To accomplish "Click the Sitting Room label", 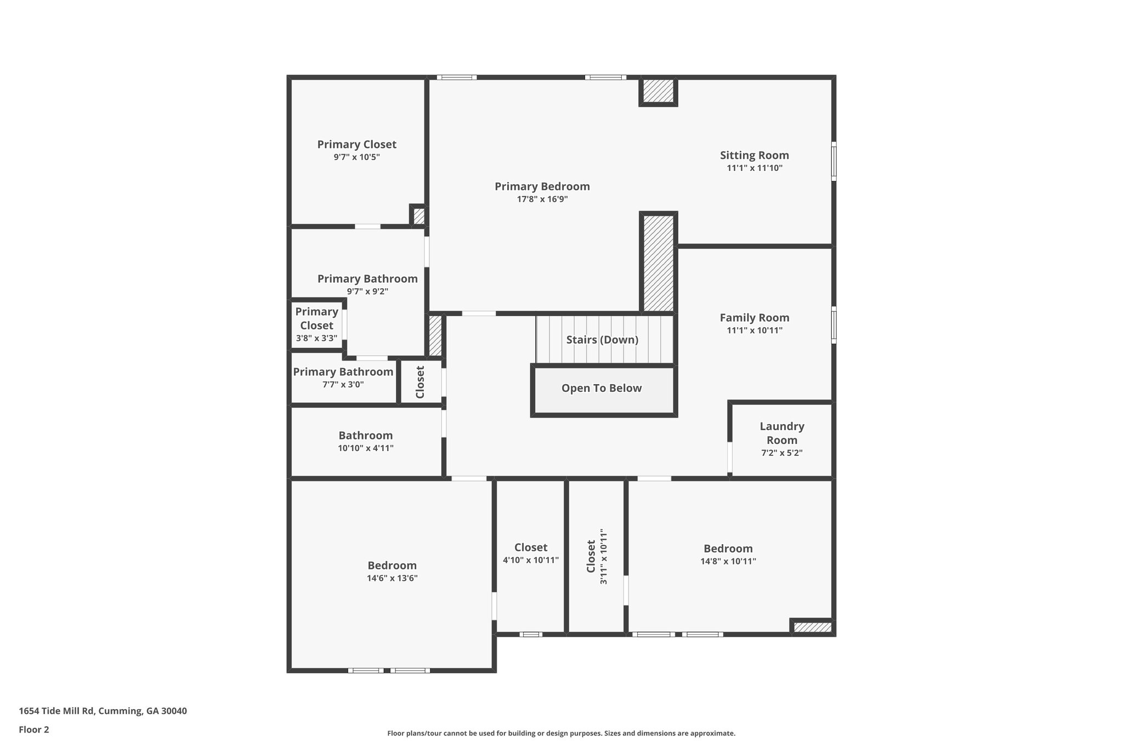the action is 754,155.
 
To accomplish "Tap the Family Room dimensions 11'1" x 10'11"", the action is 755,330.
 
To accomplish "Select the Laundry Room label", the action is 782,433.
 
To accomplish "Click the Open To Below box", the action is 604,391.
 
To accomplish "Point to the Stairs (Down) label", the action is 602,340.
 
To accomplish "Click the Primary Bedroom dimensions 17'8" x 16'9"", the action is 542,199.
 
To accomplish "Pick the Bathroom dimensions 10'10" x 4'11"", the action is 366,448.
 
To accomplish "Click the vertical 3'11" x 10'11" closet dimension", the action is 604,556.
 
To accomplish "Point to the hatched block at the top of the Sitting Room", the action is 658,92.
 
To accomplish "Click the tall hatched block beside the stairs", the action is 659,262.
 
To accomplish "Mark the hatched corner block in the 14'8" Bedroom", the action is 812,627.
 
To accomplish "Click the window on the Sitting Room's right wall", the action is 833,161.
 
